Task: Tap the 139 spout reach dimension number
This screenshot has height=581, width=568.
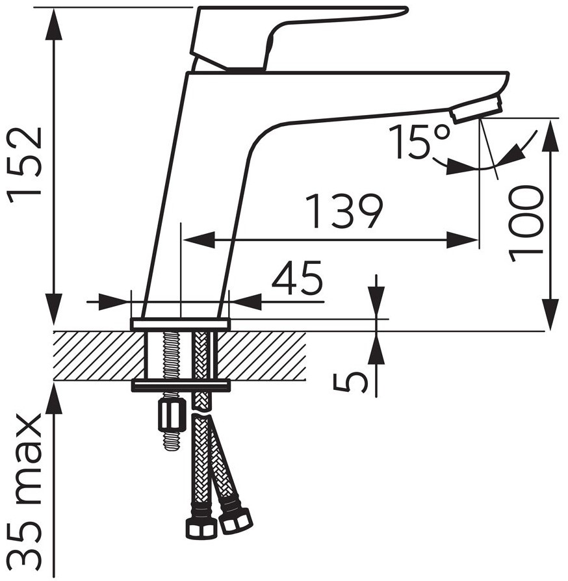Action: [x=344, y=211]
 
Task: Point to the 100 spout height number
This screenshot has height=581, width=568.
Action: [x=526, y=224]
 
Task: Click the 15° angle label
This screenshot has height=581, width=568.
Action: [x=420, y=142]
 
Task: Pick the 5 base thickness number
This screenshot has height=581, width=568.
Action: [x=350, y=382]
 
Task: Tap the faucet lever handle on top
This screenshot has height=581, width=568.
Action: [x=296, y=37]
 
